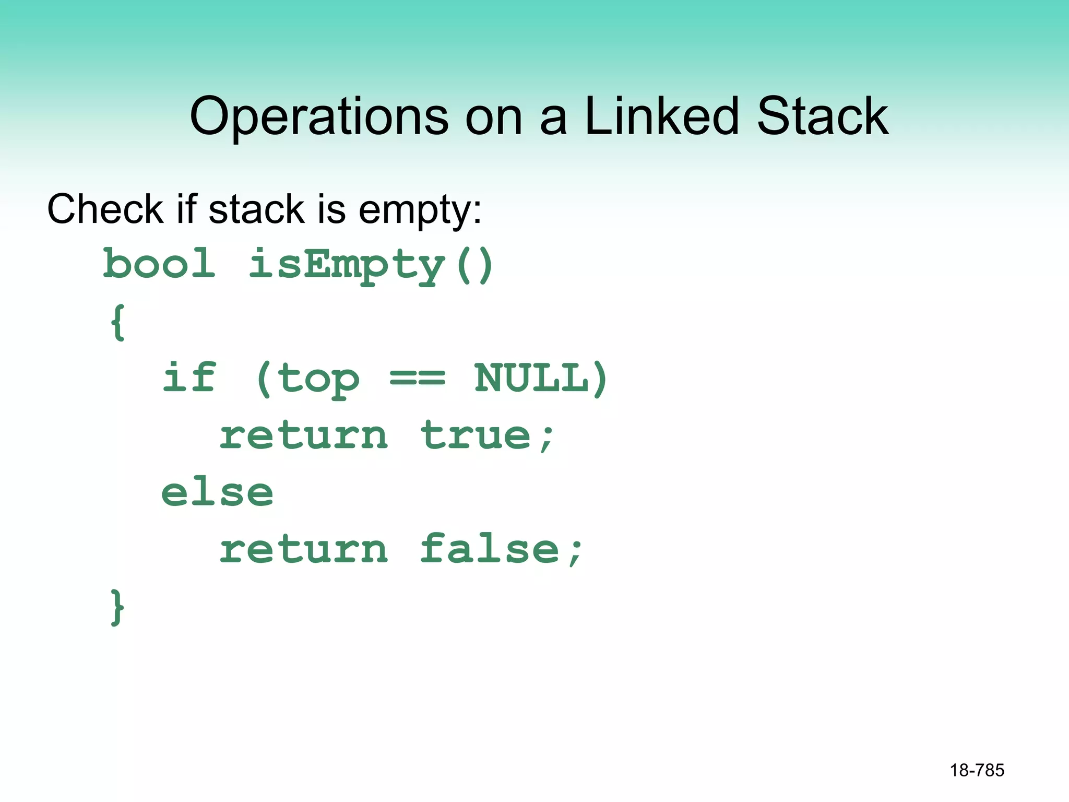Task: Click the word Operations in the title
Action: (319, 117)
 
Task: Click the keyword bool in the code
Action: (159, 264)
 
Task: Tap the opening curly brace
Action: (118, 322)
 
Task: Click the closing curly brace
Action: (117, 607)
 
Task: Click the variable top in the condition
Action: (318, 379)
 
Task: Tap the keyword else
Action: (217, 492)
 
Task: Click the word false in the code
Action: (490, 549)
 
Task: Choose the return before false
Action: (303, 550)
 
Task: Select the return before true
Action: (303, 436)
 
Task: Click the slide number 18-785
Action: (977, 770)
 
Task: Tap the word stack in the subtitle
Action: (256, 209)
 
